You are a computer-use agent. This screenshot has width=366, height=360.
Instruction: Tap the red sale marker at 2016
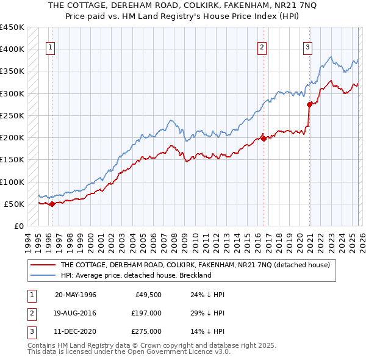coord(264,139)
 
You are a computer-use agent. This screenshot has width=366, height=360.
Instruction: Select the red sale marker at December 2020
coord(309,104)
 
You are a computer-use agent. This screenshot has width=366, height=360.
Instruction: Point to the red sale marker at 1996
coord(52,204)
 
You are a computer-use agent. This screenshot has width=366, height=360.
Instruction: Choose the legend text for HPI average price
coord(135,275)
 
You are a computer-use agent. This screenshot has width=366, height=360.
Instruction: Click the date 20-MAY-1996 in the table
coord(76,295)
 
